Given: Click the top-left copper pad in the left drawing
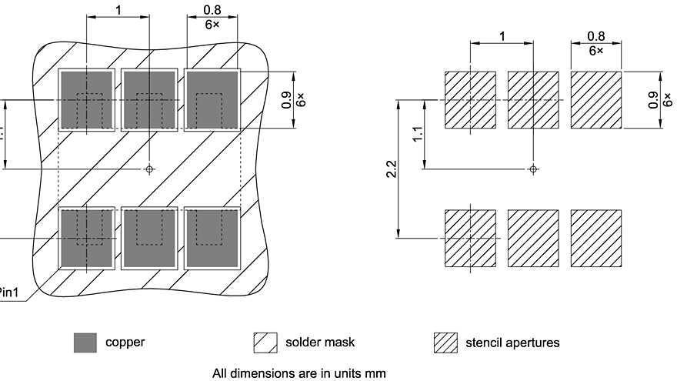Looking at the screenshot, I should tap(87, 100).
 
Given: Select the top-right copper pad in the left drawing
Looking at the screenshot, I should tap(212, 100).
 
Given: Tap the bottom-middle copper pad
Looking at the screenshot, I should tap(149, 238).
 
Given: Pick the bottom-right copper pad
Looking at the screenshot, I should tap(212, 238).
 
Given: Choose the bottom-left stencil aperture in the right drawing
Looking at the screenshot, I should tap(471, 238).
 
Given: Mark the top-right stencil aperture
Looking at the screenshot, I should tap(595, 100).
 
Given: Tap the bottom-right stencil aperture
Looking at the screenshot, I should tap(595, 238).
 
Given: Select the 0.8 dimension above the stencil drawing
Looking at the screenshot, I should tap(595, 36).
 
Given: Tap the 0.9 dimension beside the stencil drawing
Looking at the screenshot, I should tap(653, 100).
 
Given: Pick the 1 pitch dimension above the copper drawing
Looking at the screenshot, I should tap(118, 8).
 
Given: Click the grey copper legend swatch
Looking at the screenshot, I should tap(85, 343).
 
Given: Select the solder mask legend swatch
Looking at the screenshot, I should tap(265, 343).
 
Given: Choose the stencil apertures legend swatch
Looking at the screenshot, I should tap(445, 343).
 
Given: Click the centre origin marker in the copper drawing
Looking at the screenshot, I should tap(149, 169).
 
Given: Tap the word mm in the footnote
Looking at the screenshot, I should tap(375, 373).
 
